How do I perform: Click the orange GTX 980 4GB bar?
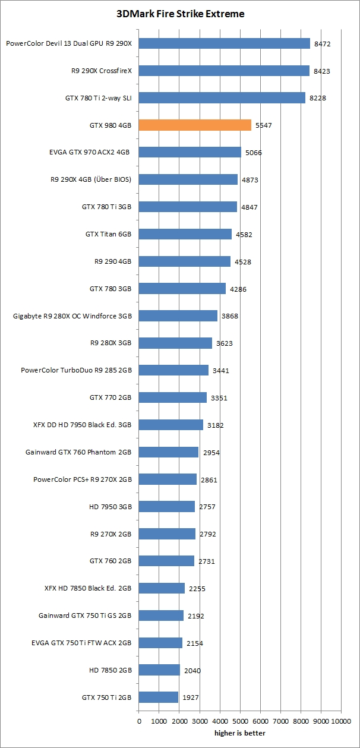(195, 125)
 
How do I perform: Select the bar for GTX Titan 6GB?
(185, 234)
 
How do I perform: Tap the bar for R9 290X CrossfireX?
(224, 71)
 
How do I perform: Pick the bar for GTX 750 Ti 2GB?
(159, 697)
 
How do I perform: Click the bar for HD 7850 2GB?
(160, 670)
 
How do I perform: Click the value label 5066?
(253, 153)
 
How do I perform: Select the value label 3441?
(220, 371)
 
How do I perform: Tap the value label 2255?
(197, 589)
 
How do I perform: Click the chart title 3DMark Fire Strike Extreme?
(180, 13)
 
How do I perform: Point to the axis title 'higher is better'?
(239, 733)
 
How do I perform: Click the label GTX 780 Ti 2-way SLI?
(98, 98)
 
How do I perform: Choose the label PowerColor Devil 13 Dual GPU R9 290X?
(68, 43)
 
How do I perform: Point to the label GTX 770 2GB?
(110, 397)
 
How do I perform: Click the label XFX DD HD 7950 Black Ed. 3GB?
(83, 425)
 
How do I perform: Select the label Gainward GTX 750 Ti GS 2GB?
(85, 616)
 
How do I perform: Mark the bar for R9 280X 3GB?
(175, 343)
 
